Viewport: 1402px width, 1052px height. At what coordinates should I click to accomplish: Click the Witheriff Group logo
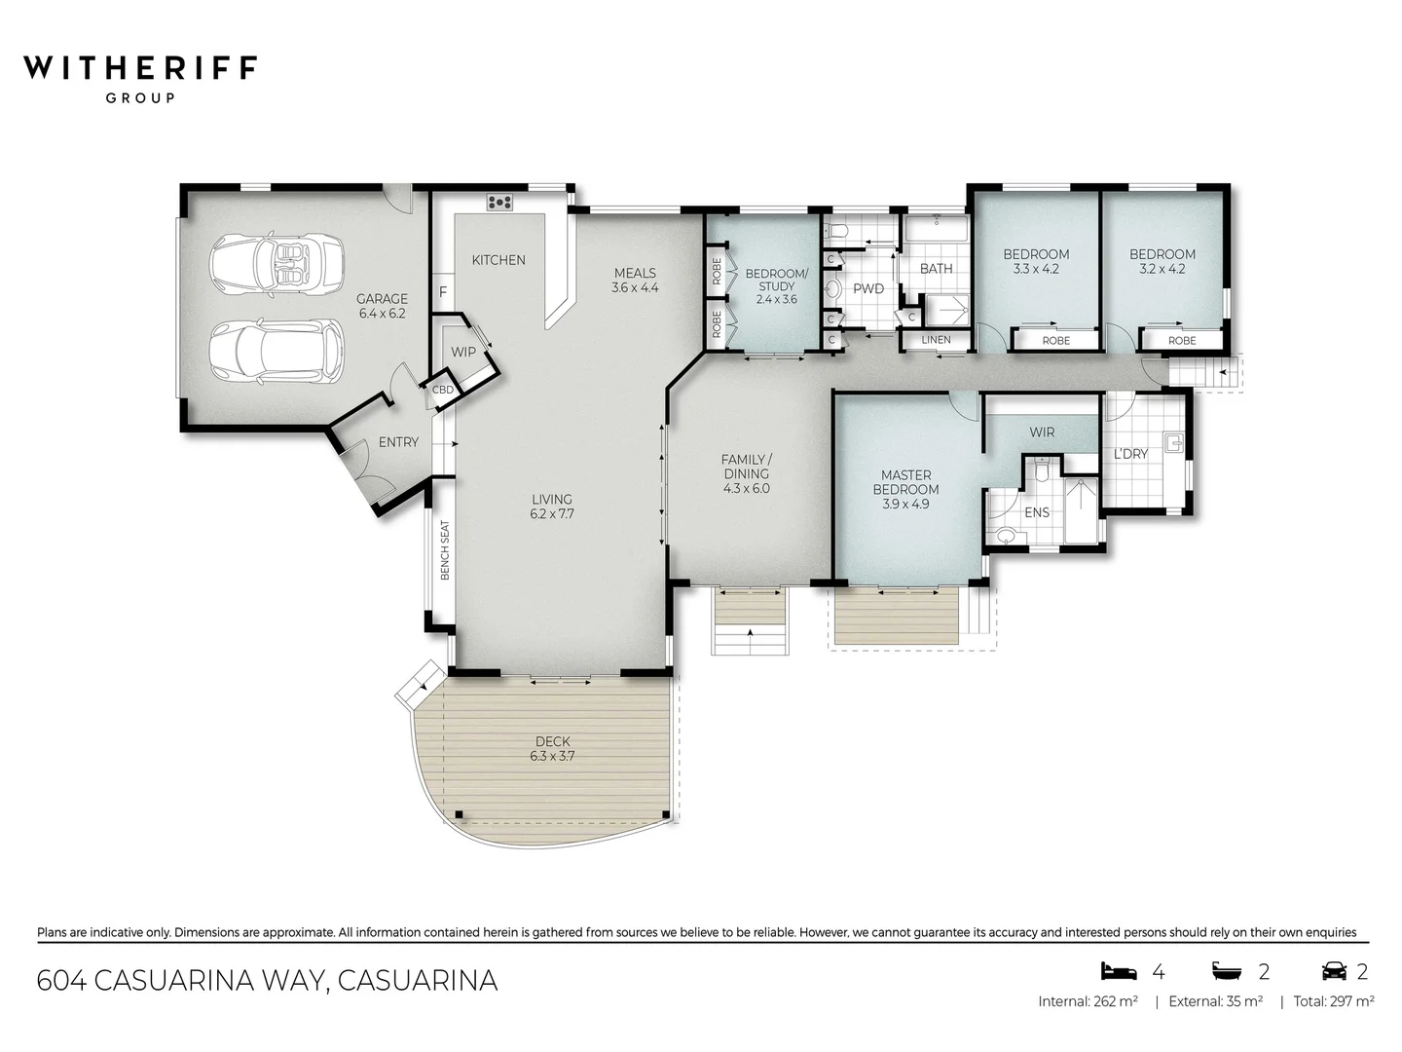(140, 77)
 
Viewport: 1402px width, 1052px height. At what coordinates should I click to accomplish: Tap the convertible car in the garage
(277, 264)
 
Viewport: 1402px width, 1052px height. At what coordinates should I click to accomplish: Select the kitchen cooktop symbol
(499, 203)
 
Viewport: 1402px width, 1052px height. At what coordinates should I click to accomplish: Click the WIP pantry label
(463, 352)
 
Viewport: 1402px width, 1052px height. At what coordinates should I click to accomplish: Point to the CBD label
(442, 390)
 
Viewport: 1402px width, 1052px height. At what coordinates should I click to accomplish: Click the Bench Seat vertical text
(445, 550)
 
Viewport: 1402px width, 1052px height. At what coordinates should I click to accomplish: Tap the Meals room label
(635, 273)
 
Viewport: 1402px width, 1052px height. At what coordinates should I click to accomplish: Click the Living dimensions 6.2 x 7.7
(552, 513)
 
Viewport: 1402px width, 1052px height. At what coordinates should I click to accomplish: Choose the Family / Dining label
(746, 467)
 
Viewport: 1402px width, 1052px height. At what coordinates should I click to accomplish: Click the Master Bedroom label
(905, 482)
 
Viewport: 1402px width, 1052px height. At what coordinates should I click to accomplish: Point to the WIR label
(1042, 432)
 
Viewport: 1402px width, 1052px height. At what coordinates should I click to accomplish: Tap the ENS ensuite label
(1037, 512)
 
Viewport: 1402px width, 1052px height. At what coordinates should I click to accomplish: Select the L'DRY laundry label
(1130, 454)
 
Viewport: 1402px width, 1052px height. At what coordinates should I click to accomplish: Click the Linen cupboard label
(936, 340)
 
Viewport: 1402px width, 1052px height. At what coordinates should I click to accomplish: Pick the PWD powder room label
(868, 288)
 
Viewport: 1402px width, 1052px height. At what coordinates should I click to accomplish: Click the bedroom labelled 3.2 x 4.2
(1162, 261)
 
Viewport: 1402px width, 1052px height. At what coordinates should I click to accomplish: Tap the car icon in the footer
(1333, 970)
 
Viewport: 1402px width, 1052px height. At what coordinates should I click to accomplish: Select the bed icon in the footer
(1119, 970)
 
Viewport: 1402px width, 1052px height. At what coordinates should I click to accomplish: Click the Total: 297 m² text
(1334, 1001)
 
